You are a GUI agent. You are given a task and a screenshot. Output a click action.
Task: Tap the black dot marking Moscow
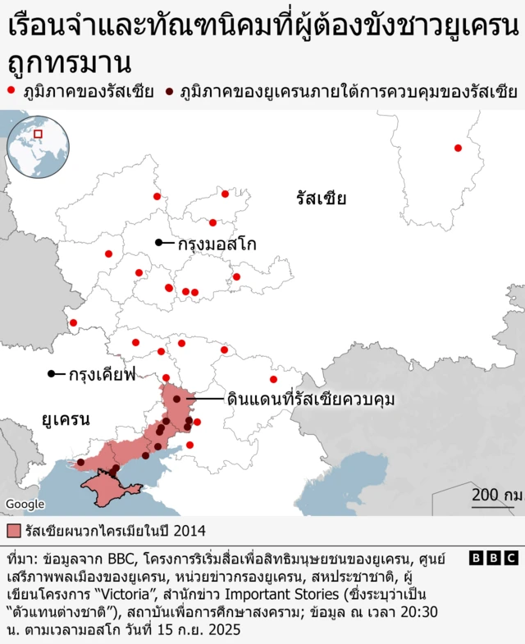159,242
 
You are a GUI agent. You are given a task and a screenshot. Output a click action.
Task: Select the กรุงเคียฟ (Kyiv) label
103,375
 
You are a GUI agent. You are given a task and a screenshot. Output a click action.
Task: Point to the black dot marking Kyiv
52,374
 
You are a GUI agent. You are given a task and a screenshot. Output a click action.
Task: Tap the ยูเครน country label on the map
66,419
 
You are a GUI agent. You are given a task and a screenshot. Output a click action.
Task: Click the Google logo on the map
24,503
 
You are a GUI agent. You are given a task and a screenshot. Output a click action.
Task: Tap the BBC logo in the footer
494,558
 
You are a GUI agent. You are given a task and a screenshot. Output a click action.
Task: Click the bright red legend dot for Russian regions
11,90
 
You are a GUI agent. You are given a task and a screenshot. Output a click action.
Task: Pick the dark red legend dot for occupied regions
170,90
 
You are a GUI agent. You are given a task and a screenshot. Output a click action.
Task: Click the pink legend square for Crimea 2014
13,529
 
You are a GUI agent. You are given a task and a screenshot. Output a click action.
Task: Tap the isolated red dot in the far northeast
458,148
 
